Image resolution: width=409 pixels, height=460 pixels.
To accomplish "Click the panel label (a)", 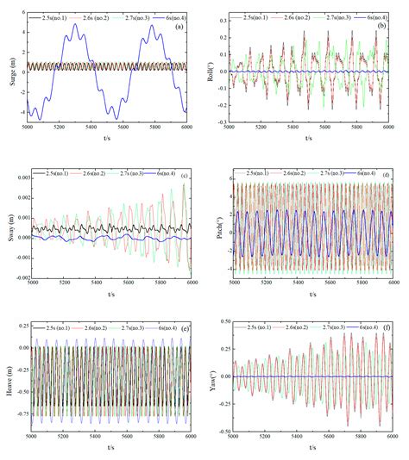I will click(x=178, y=26).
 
